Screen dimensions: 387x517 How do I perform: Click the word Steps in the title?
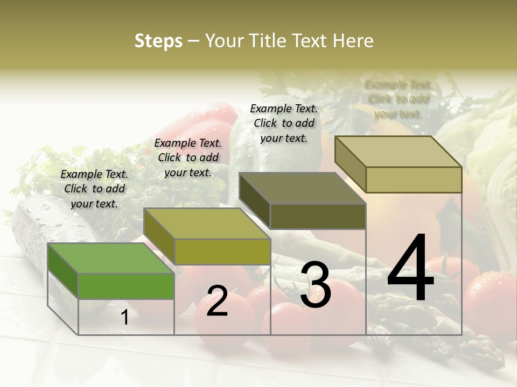point(158,41)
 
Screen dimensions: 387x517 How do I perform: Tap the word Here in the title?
point(353,41)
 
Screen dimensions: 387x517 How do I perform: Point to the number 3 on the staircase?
point(315,284)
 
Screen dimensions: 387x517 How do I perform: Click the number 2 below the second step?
point(217,301)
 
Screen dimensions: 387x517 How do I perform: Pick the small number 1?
point(125,318)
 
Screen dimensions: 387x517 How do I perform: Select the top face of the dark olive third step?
point(302,188)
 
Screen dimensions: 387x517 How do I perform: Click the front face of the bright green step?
point(126,286)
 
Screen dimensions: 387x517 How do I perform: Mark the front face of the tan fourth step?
point(414,180)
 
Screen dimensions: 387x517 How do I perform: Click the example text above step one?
point(94,189)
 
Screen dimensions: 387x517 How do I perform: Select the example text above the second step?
point(188,157)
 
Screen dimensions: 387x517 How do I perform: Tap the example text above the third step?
point(284,123)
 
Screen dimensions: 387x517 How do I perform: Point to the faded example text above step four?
point(397,99)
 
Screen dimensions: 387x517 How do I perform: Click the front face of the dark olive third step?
point(318,216)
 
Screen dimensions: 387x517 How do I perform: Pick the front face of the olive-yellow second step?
point(222,252)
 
